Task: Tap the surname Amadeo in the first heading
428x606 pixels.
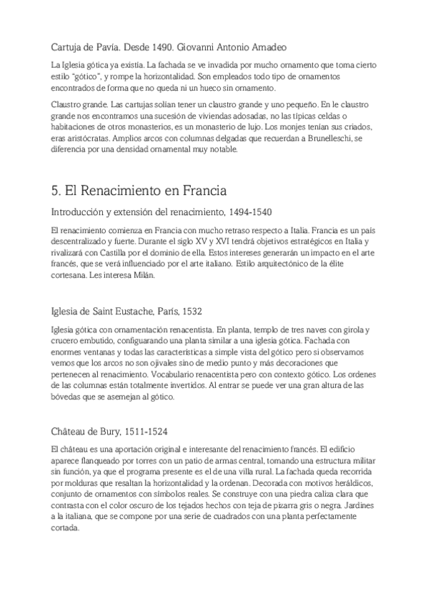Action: (x=268, y=47)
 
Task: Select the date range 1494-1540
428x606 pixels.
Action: (x=247, y=212)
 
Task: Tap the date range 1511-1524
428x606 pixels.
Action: (x=146, y=431)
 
